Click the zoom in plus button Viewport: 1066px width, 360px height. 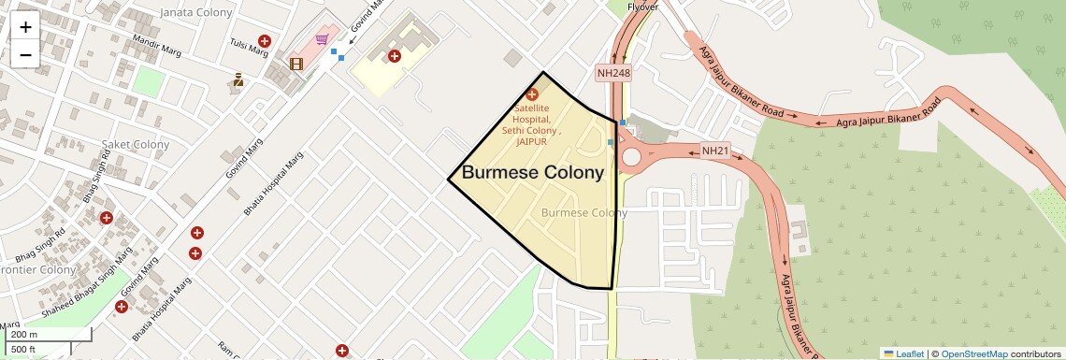[x=25, y=26]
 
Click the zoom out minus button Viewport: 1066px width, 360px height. [x=25, y=54]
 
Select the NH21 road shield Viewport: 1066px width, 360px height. [x=714, y=151]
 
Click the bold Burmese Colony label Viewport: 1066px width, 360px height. [x=533, y=173]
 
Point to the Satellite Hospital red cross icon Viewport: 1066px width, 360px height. [x=533, y=94]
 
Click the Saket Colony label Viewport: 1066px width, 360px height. [x=136, y=144]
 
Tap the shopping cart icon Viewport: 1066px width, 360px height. [x=322, y=39]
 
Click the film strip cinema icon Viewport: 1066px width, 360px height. [x=296, y=64]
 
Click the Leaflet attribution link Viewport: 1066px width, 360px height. [x=904, y=353]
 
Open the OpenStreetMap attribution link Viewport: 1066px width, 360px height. [x=973, y=353]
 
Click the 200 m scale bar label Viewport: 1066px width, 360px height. [x=25, y=335]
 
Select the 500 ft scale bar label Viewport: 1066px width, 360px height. [x=23, y=350]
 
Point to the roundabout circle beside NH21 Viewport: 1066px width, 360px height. [x=631, y=157]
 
